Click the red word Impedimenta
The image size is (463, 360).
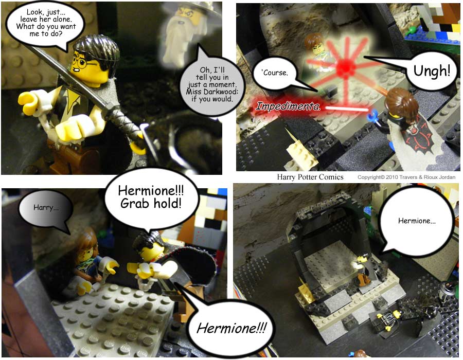coord(288,106)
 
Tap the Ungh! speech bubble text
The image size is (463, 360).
coord(432,71)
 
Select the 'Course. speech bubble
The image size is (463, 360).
coord(275,73)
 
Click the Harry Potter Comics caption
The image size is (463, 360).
coord(310,177)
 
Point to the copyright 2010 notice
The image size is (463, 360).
coord(406,177)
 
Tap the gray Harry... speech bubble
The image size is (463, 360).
coord(46,209)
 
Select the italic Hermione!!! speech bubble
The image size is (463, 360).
coord(231,328)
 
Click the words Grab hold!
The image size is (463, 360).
coord(151,204)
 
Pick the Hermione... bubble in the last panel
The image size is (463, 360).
coord(416,222)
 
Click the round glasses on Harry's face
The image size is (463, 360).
coord(84,63)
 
